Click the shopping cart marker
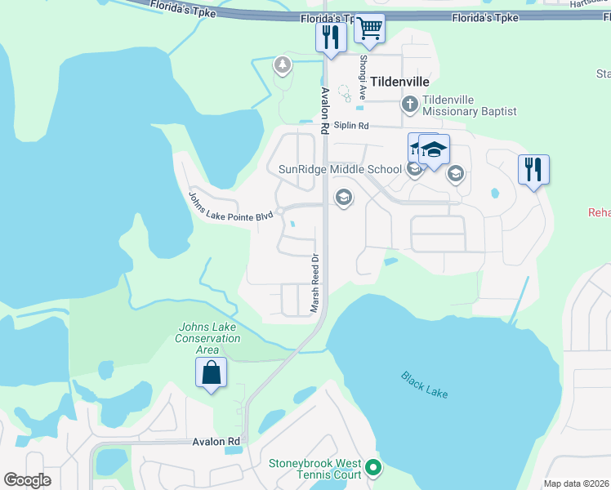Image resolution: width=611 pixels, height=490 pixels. coord(370,29)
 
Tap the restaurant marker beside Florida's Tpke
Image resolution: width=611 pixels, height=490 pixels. coord(331,38)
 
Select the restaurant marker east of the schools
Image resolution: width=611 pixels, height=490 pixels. coord(533,170)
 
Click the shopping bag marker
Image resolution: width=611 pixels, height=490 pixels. coord(212,373)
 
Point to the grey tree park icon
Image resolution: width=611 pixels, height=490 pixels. coord(283,64)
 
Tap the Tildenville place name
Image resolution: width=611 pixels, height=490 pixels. coord(400,82)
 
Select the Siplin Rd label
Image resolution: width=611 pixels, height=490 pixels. coord(352,126)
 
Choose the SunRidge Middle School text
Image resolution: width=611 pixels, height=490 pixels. coord(335,169)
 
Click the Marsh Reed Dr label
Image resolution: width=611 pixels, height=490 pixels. coord(314,283)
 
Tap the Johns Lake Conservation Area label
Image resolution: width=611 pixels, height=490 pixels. coord(207,338)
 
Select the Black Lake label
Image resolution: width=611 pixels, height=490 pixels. coord(425,384)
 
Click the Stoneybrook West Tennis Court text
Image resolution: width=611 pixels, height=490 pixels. coord(315,469)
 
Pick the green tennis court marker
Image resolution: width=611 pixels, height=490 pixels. coord(374,468)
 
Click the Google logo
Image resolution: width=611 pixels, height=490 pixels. coord(28,480)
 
